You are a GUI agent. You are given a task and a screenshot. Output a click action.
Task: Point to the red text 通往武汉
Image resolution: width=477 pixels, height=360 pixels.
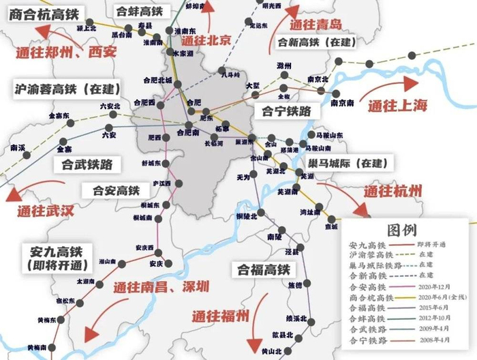[45, 211]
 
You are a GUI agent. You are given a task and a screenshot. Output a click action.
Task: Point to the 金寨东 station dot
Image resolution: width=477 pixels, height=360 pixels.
[68, 124]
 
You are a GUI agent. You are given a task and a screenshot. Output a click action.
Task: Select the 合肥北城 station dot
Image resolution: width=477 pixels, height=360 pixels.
[177, 85]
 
